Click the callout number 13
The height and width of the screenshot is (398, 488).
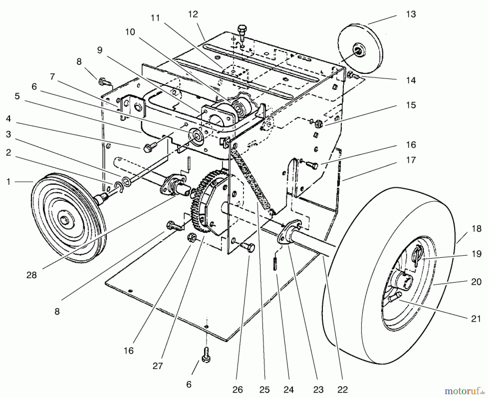(x=411, y=14)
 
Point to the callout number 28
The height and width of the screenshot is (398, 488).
(x=31, y=275)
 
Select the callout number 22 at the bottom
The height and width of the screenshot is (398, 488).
(x=342, y=390)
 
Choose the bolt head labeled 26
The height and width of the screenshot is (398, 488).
(x=249, y=247)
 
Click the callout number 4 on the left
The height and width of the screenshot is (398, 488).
(x=8, y=119)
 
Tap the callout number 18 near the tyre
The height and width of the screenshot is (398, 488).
(x=476, y=229)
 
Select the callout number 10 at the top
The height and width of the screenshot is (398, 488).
(x=130, y=32)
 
